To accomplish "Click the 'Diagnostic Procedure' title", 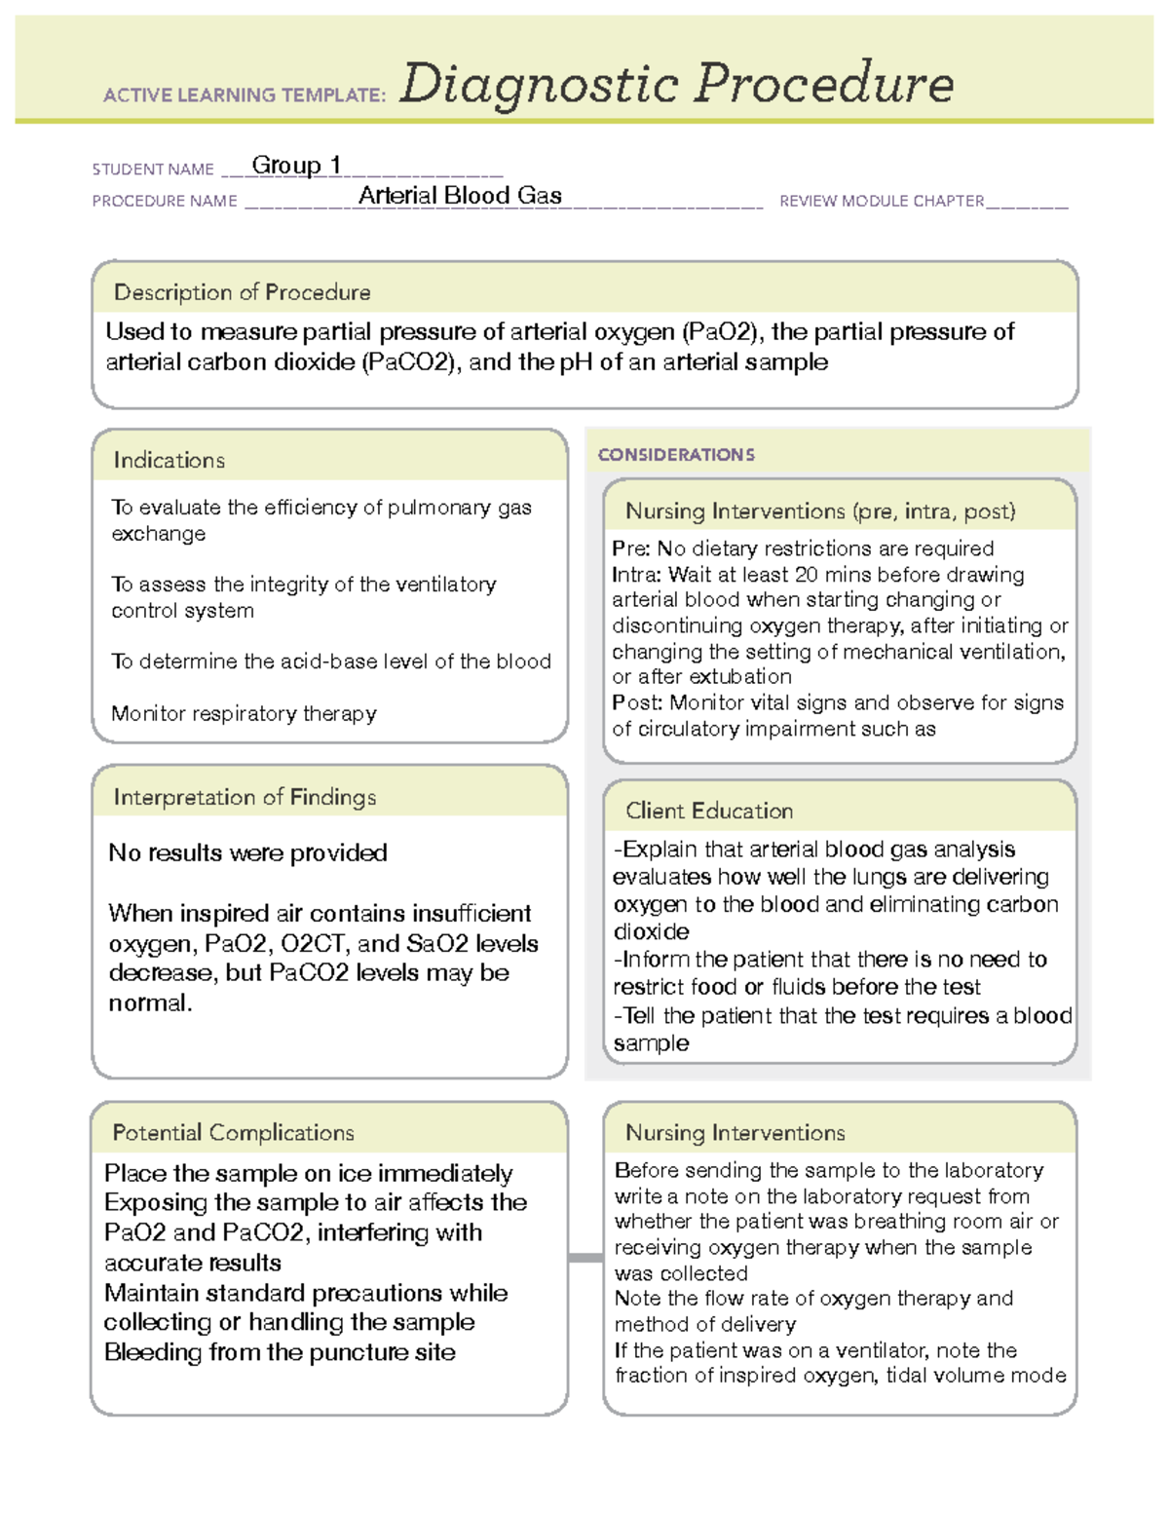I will click(676, 84).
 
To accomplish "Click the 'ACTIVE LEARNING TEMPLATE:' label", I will click(245, 95).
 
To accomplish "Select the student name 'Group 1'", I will click(296, 166).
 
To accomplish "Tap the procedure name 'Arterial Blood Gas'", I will click(460, 196).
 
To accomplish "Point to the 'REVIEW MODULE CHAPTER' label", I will click(882, 201).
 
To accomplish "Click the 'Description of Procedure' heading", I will click(242, 292).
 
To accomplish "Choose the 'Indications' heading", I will click(169, 460).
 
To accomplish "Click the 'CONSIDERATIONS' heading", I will click(676, 455).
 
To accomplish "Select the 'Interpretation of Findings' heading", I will click(245, 797).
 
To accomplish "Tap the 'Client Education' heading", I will click(709, 811).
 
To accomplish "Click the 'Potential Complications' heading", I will click(233, 1132).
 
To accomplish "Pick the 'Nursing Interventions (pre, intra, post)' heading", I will click(820, 511).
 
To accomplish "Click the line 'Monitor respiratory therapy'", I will click(244, 713).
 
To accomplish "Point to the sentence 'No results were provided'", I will click(247, 852).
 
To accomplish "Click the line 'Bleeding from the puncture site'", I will click(280, 1352).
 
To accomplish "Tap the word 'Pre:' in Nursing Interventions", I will click(630, 548).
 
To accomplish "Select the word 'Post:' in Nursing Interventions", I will click(637, 702).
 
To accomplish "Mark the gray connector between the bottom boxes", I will click(585, 1258).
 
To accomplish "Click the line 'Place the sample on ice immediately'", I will click(308, 1173).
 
